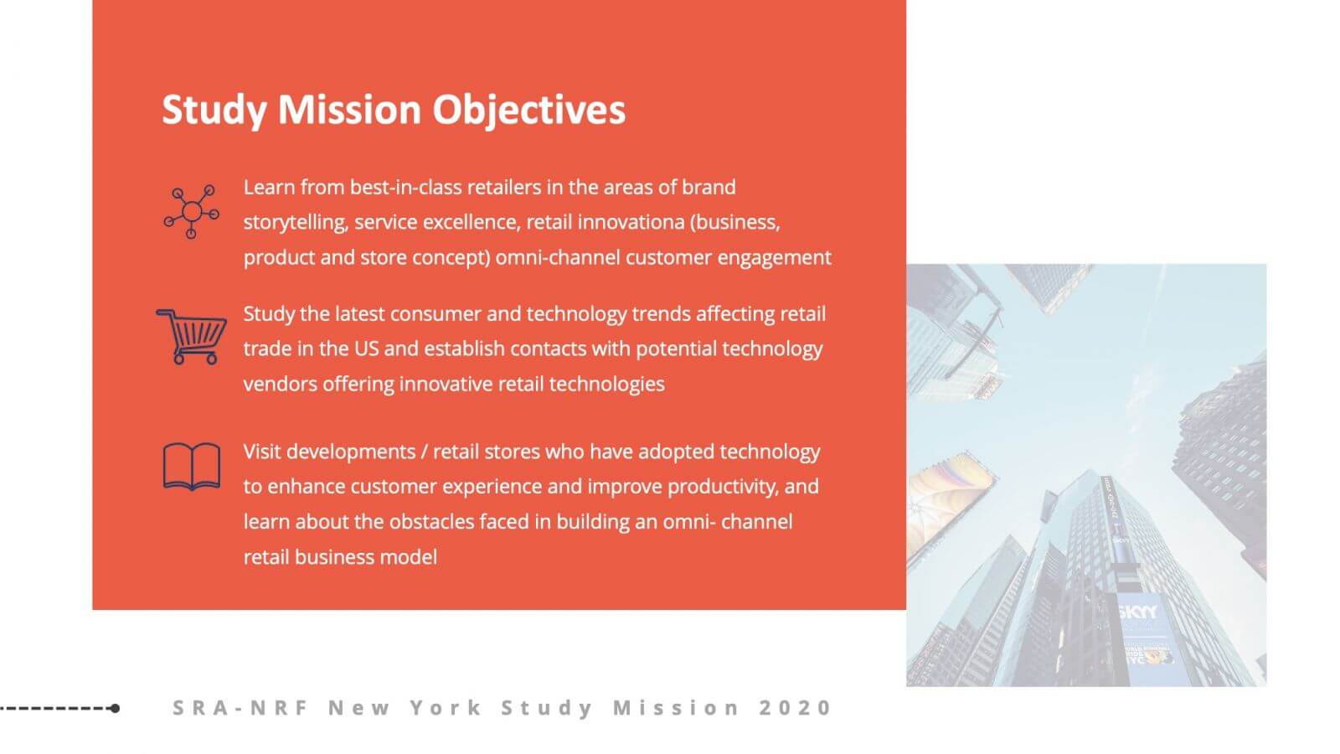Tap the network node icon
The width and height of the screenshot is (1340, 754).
192,212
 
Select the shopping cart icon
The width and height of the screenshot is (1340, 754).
192,336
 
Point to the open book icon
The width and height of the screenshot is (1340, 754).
192,467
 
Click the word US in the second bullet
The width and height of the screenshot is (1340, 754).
366,349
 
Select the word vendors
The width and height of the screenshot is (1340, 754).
280,385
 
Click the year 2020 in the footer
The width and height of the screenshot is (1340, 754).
795,708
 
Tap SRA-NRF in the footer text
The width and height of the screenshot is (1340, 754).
240,708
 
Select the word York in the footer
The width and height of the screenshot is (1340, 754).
446,708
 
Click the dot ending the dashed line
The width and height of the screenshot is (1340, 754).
116,709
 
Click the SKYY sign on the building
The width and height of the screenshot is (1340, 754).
1138,612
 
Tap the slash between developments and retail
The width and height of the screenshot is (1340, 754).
424,452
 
